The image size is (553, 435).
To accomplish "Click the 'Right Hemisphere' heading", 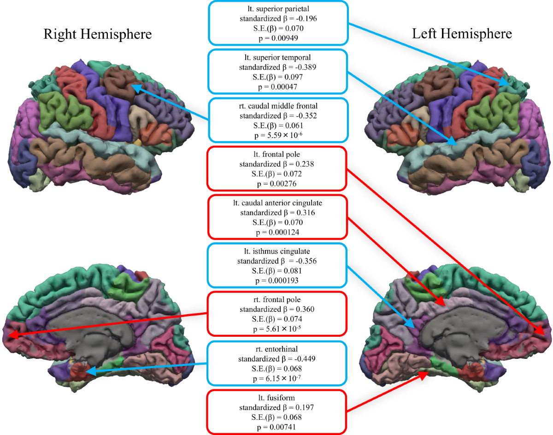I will [97, 34].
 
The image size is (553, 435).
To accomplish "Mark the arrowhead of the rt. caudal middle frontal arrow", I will [134, 86].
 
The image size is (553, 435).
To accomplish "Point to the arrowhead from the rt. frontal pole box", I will [11, 335].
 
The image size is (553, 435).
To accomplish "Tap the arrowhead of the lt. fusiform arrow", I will [423, 375].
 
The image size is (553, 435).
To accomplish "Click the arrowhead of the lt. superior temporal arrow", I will [455, 144].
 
